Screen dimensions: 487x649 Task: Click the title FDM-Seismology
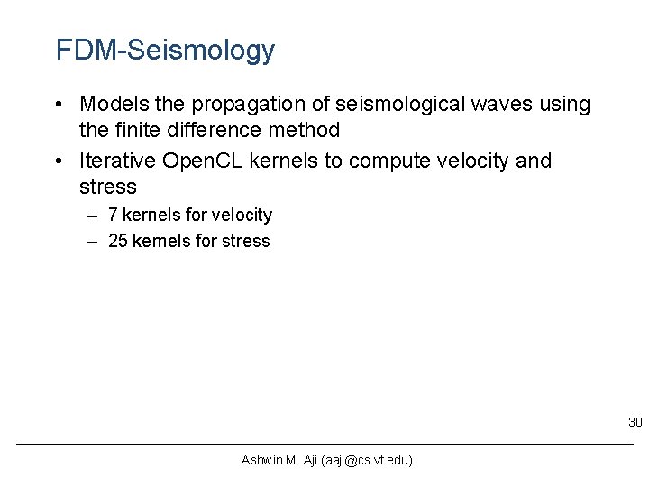click(x=165, y=51)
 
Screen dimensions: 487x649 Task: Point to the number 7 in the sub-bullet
click(x=113, y=215)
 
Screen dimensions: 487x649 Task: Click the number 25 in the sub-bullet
click(x=117, y=241)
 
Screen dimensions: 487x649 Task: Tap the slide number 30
click(x=635, y=422)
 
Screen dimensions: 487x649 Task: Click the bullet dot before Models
click(x=61, y=106)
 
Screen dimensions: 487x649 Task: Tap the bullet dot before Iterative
click(x=61, y=161)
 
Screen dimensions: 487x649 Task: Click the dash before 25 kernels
click(x=93, y=241)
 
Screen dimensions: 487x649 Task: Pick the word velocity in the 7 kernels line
click(x=242, y=215)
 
